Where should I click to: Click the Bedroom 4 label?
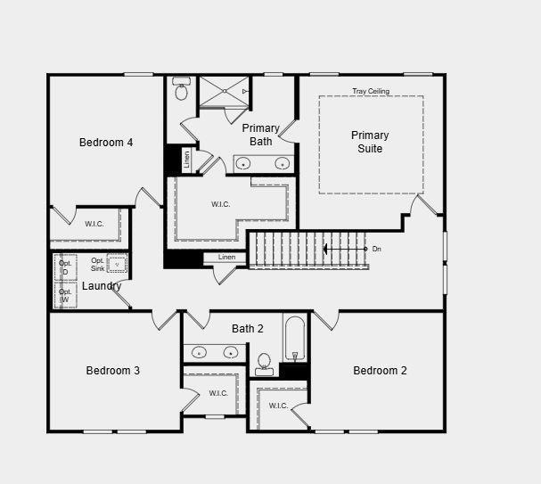point(106,143)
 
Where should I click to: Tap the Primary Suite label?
point(370,142)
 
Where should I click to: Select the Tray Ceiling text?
point(370,91)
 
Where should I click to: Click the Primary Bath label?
point(261,135)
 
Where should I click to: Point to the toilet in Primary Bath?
point(182,90)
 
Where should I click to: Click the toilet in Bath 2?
point(264,364)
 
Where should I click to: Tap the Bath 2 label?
point(248,329)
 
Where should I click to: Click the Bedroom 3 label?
point(112,371)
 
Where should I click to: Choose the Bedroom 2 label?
point(380,371)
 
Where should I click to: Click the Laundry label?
point(102,286)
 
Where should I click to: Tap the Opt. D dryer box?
point(65,267)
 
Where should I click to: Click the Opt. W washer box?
point(65,296)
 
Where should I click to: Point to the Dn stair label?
point(376,249)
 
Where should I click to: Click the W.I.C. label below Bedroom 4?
point(94,224)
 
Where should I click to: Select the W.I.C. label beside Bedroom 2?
point(279,406)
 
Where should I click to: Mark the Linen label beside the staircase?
point(226,258)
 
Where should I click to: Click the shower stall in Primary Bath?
point(223,91)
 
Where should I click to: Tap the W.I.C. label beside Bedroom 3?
point(218,393)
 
